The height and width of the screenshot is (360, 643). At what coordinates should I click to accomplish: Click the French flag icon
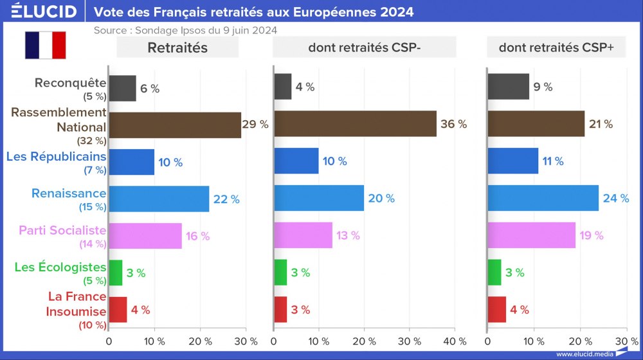pos(46,44)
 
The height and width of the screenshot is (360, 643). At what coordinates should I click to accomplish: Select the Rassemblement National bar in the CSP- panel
pos(355,123)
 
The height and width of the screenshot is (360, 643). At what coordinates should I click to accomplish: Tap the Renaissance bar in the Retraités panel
pos(159,199)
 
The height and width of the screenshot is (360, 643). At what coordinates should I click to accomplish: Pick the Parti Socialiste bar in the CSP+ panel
pos(532,235)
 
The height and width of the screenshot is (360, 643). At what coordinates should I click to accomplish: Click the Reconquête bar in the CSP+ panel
pos(509,87)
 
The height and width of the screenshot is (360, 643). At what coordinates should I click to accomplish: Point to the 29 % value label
pos(255,124)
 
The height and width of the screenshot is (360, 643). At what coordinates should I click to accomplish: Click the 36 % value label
pos(453,124)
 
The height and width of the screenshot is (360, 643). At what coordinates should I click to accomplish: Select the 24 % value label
pos(615,199)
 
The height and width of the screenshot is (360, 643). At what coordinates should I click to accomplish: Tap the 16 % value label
pos(197,236)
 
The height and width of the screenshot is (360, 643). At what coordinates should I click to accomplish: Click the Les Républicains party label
pos(56,156)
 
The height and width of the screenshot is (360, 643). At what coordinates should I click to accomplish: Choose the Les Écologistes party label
pos(60,267)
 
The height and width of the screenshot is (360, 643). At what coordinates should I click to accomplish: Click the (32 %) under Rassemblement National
pos(91,140)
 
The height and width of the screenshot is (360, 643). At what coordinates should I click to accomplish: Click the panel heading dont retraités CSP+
pos(556,47)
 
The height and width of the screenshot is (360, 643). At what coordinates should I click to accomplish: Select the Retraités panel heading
pos(177,47)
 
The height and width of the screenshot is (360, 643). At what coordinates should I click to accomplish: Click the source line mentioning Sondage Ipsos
pos(185,30)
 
